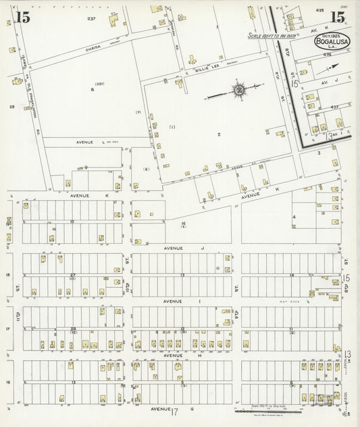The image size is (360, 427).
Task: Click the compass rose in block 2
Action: [238, 90]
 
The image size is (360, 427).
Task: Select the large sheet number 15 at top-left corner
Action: [22, 18]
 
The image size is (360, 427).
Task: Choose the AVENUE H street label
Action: [172, 355]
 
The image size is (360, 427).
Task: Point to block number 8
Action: [92, 89]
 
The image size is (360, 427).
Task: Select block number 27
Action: [72, 274]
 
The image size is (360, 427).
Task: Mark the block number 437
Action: [334, 107]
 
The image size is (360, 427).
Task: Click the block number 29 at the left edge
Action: [11, 107]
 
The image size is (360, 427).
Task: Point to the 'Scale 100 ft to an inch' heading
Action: [278, 35]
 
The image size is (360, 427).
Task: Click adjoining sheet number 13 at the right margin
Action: [347, 354]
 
